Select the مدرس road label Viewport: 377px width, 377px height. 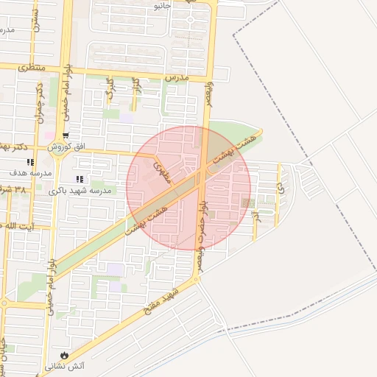pyautogui.click(x=177, y=77)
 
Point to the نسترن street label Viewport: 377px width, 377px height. pyautogui.click(x=35, y=27)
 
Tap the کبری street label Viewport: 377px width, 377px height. pyautogui.click(x=110, y=87)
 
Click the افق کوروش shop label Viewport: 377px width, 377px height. pyautogui.click(x=67, y=147)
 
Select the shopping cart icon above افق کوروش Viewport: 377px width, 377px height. pyautogui.click(x=66, y=135)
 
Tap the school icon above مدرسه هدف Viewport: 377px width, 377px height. pyautogui.click(x=30, y=162)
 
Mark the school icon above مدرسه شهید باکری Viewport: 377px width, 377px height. pyautogui.click(x=80, y=179)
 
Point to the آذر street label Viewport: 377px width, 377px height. pyautogui.click(x=256, y=217)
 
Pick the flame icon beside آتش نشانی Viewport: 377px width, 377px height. pyautogui.click(x=66, y=355)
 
